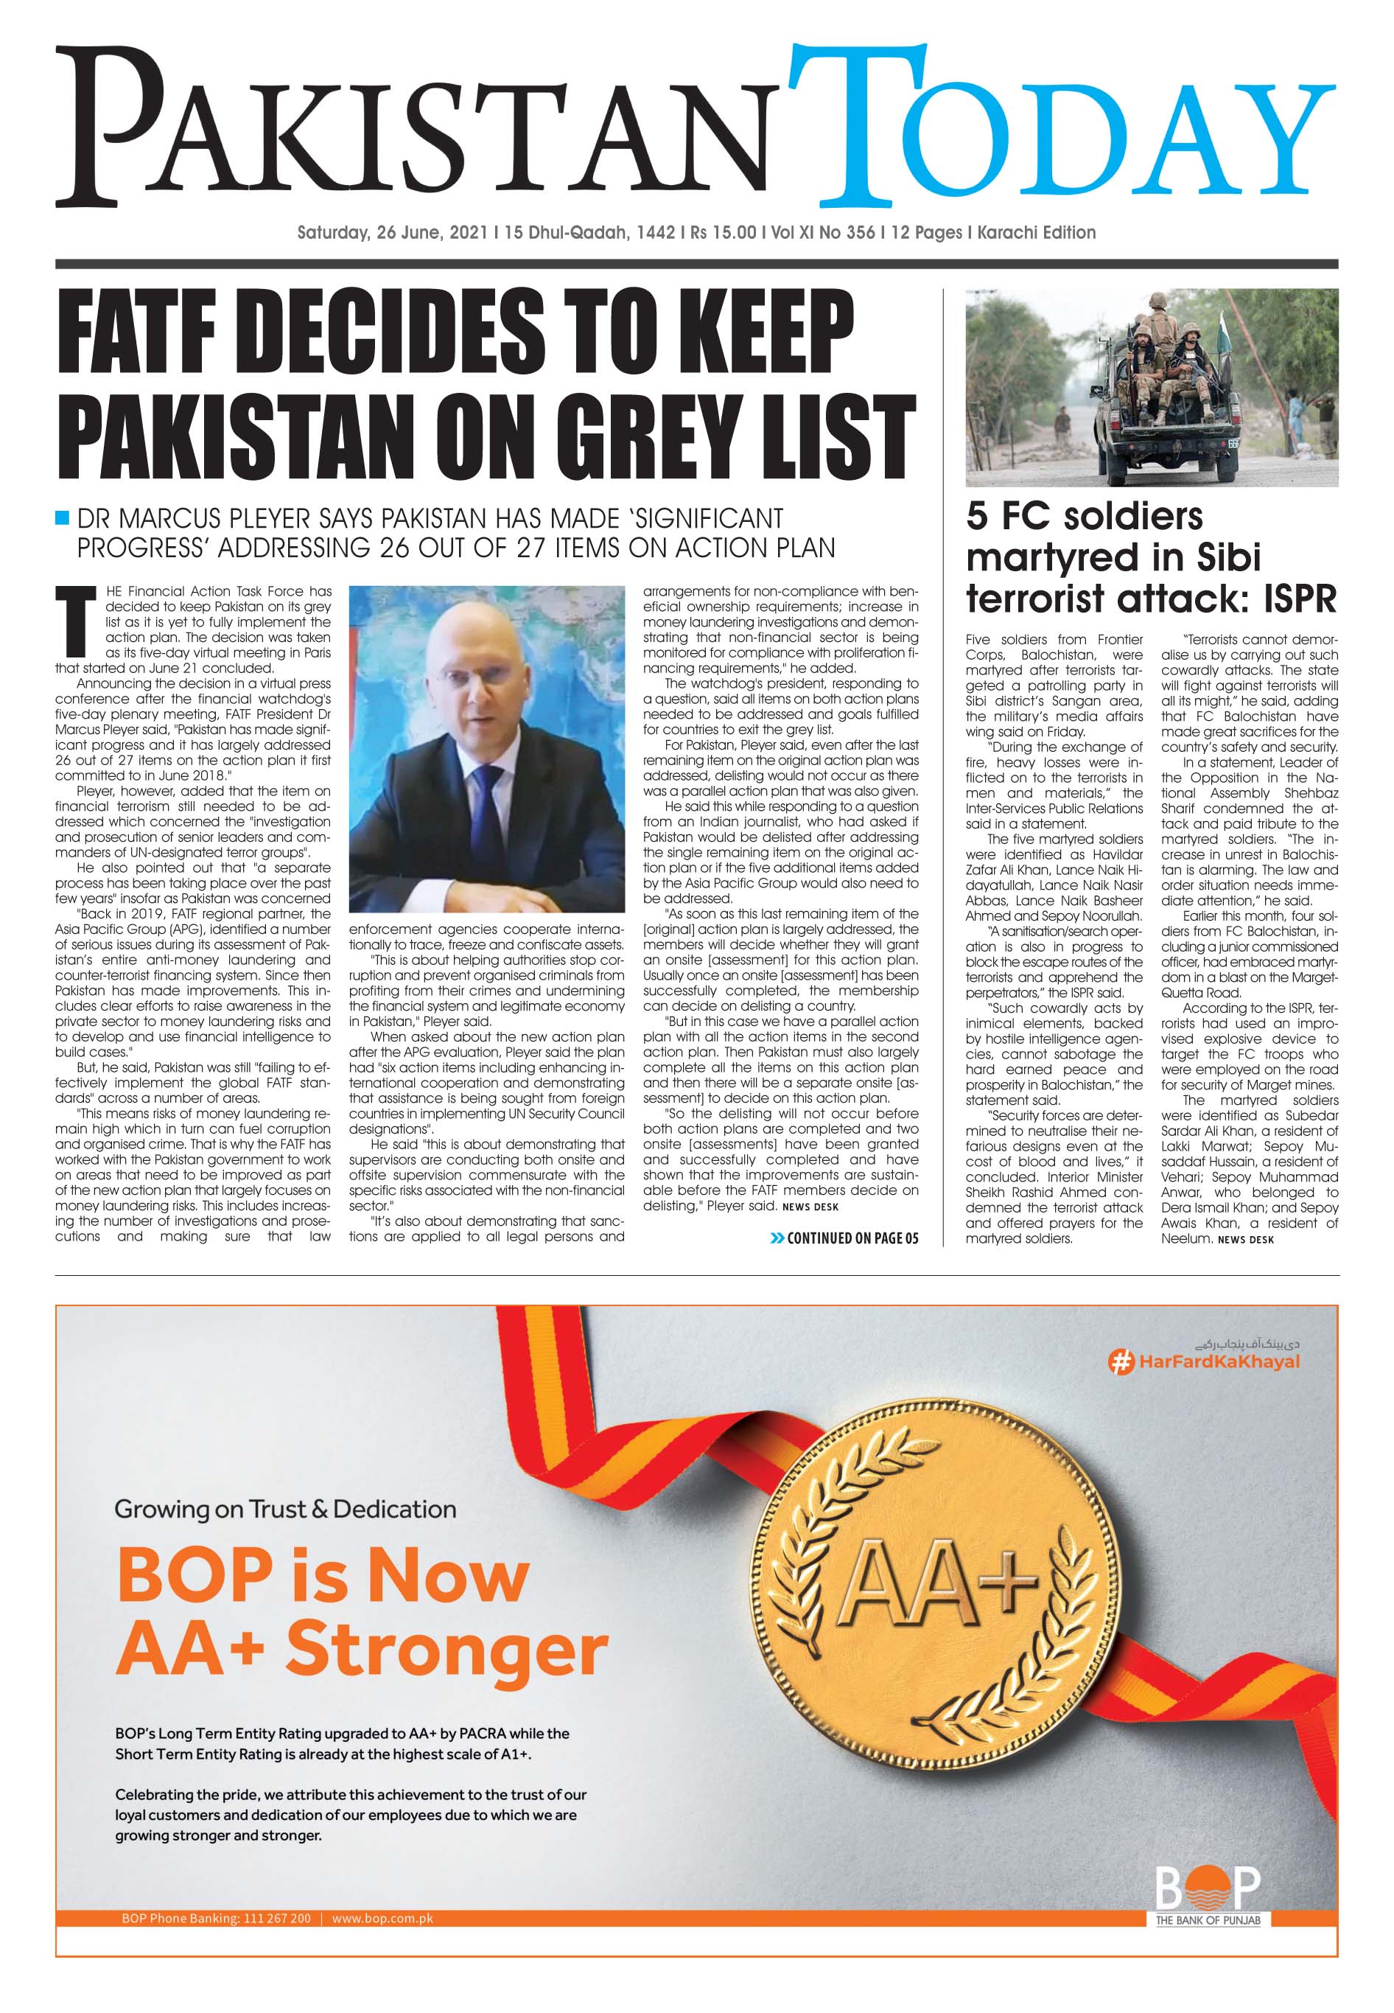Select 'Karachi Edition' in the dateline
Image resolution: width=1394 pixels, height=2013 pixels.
(x=1036, y=232)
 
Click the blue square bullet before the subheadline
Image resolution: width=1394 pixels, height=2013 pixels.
(x=62, y=518)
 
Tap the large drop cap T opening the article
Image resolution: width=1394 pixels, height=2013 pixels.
(x=75, y=622)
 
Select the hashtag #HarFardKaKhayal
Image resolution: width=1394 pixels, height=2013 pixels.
(x=1205, y=1361)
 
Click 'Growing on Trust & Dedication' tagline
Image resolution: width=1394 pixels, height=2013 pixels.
(x=286, y=1509)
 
